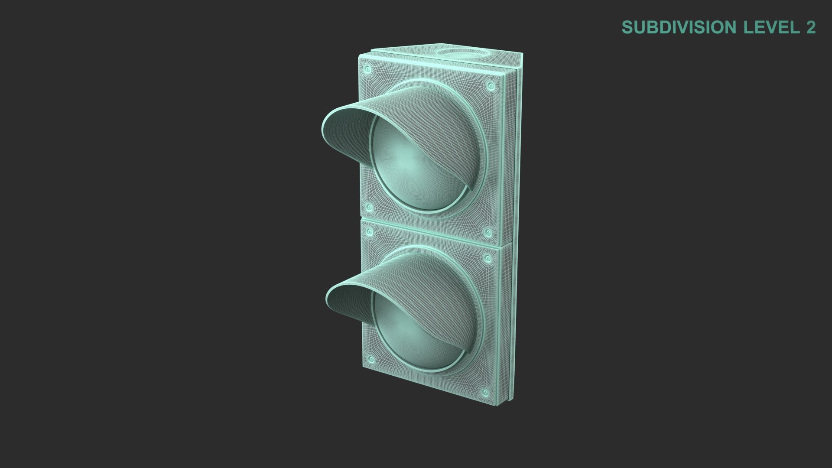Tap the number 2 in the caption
(x=811, y=27)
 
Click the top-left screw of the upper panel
(x=368, y=69)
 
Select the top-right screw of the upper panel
(x=491, y=86)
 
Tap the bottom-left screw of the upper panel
(x=369, y=208)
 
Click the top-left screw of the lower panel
(x=370, y=233)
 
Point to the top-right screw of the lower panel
(x=488, y=259)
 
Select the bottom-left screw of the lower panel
(x=371, y=371)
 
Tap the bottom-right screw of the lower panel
(x=486, y=393)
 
